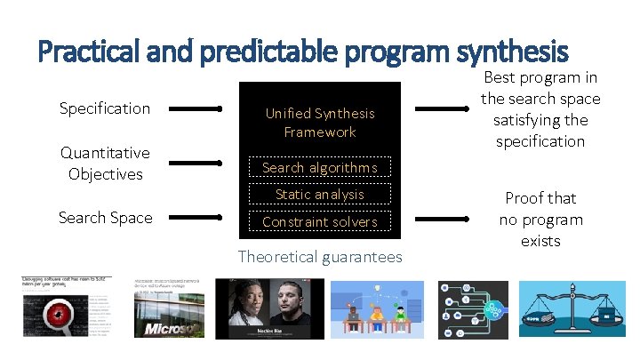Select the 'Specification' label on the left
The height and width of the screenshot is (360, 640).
(105, 108)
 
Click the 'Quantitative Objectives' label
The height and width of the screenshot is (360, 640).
(105, 164)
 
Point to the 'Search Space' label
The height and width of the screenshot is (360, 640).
(105, 218)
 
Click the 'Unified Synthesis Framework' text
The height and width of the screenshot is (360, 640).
(320, 123)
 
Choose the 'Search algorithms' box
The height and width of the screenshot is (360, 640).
(320, 167)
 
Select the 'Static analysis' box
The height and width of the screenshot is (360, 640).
(320, 194)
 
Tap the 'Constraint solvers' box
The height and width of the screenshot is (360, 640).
(320, 221)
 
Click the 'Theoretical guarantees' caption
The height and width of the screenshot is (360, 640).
(320, 257)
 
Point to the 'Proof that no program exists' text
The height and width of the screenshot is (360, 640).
(540, 220)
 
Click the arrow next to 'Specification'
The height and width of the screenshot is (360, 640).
(196, 109)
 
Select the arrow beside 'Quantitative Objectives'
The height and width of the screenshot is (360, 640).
(196, 164)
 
